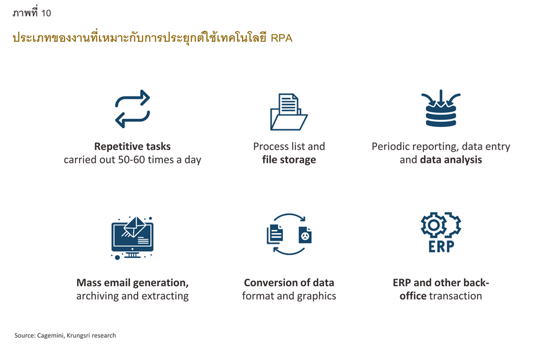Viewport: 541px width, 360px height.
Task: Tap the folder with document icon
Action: (x=289, y=112)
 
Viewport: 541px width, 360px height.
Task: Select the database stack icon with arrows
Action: (x=441, y=108)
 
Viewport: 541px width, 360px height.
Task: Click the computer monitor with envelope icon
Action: (x=132, y=238)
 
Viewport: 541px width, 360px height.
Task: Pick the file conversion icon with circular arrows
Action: (x=289, y=234)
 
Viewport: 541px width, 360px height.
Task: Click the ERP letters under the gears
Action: (x=441, y=247)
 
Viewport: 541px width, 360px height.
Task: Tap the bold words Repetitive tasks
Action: (x=132, y=146)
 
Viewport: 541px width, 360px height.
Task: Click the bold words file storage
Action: (x=289, y=160)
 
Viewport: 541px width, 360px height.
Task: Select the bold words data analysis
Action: (x=451, y=160)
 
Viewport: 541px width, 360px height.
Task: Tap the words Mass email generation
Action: (x=132, y=283)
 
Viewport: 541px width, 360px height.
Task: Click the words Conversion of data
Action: (x=289, y=282)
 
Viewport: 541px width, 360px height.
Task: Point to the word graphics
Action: (x=317, y=296)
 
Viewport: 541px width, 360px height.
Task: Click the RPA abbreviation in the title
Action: (x=282, y=38)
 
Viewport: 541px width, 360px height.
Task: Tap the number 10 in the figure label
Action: (x=46, y=13)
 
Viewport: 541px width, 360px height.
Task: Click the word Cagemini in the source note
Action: (x=50, y=336)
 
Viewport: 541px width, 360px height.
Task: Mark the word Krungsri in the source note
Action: (x=78, y=336)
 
